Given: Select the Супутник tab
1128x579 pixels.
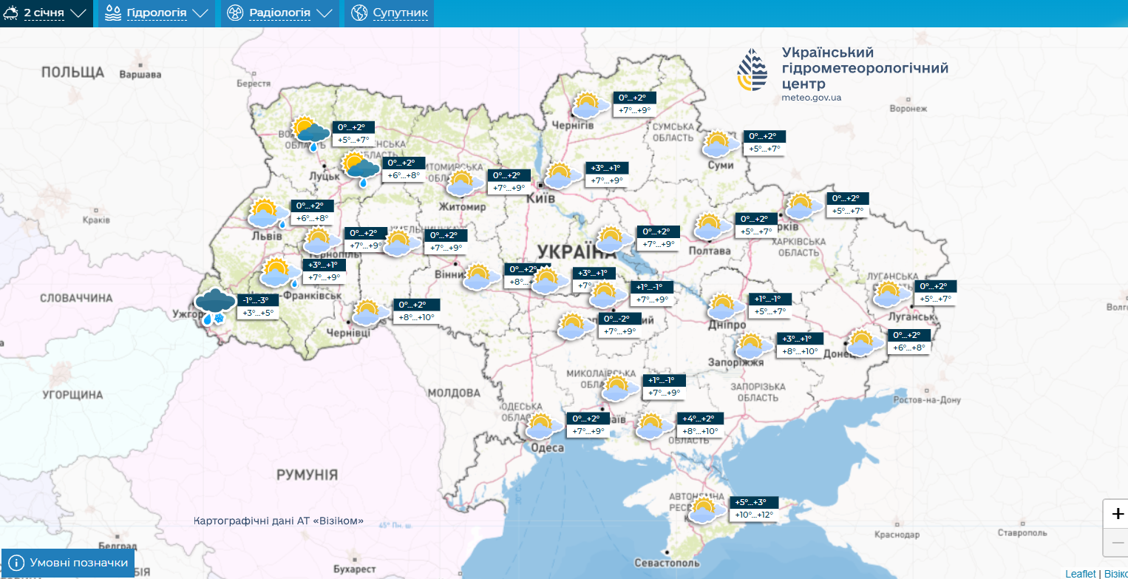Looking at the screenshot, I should click(389, 13).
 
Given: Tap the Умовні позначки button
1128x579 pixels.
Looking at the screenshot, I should click(69, 563).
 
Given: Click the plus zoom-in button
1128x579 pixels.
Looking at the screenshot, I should click(1117, 514).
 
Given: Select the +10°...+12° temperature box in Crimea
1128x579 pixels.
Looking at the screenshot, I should click(754, 515).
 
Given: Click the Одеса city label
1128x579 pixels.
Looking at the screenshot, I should click(548, 448).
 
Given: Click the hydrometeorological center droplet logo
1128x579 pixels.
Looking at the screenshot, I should click(752, 71).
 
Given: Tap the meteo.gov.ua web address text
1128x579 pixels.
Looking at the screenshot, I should click(811, 98).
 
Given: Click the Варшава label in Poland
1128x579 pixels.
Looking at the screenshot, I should click(140, 75).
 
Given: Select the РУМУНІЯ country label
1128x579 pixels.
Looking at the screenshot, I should click(307, 475).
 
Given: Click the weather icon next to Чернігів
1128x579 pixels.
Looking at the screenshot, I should click(588, 106).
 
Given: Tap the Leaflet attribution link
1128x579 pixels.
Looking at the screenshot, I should click(1081, 574).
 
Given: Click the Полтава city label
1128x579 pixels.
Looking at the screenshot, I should click(709, 251).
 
